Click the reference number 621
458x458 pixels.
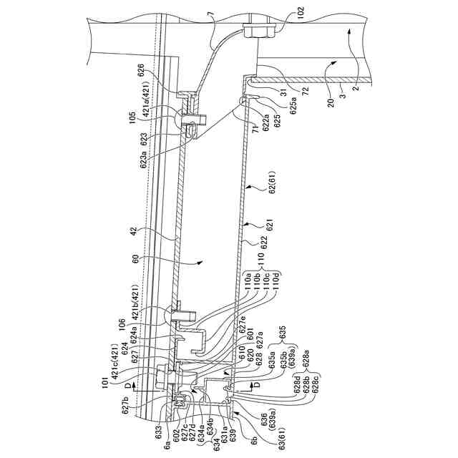click(270, 230)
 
